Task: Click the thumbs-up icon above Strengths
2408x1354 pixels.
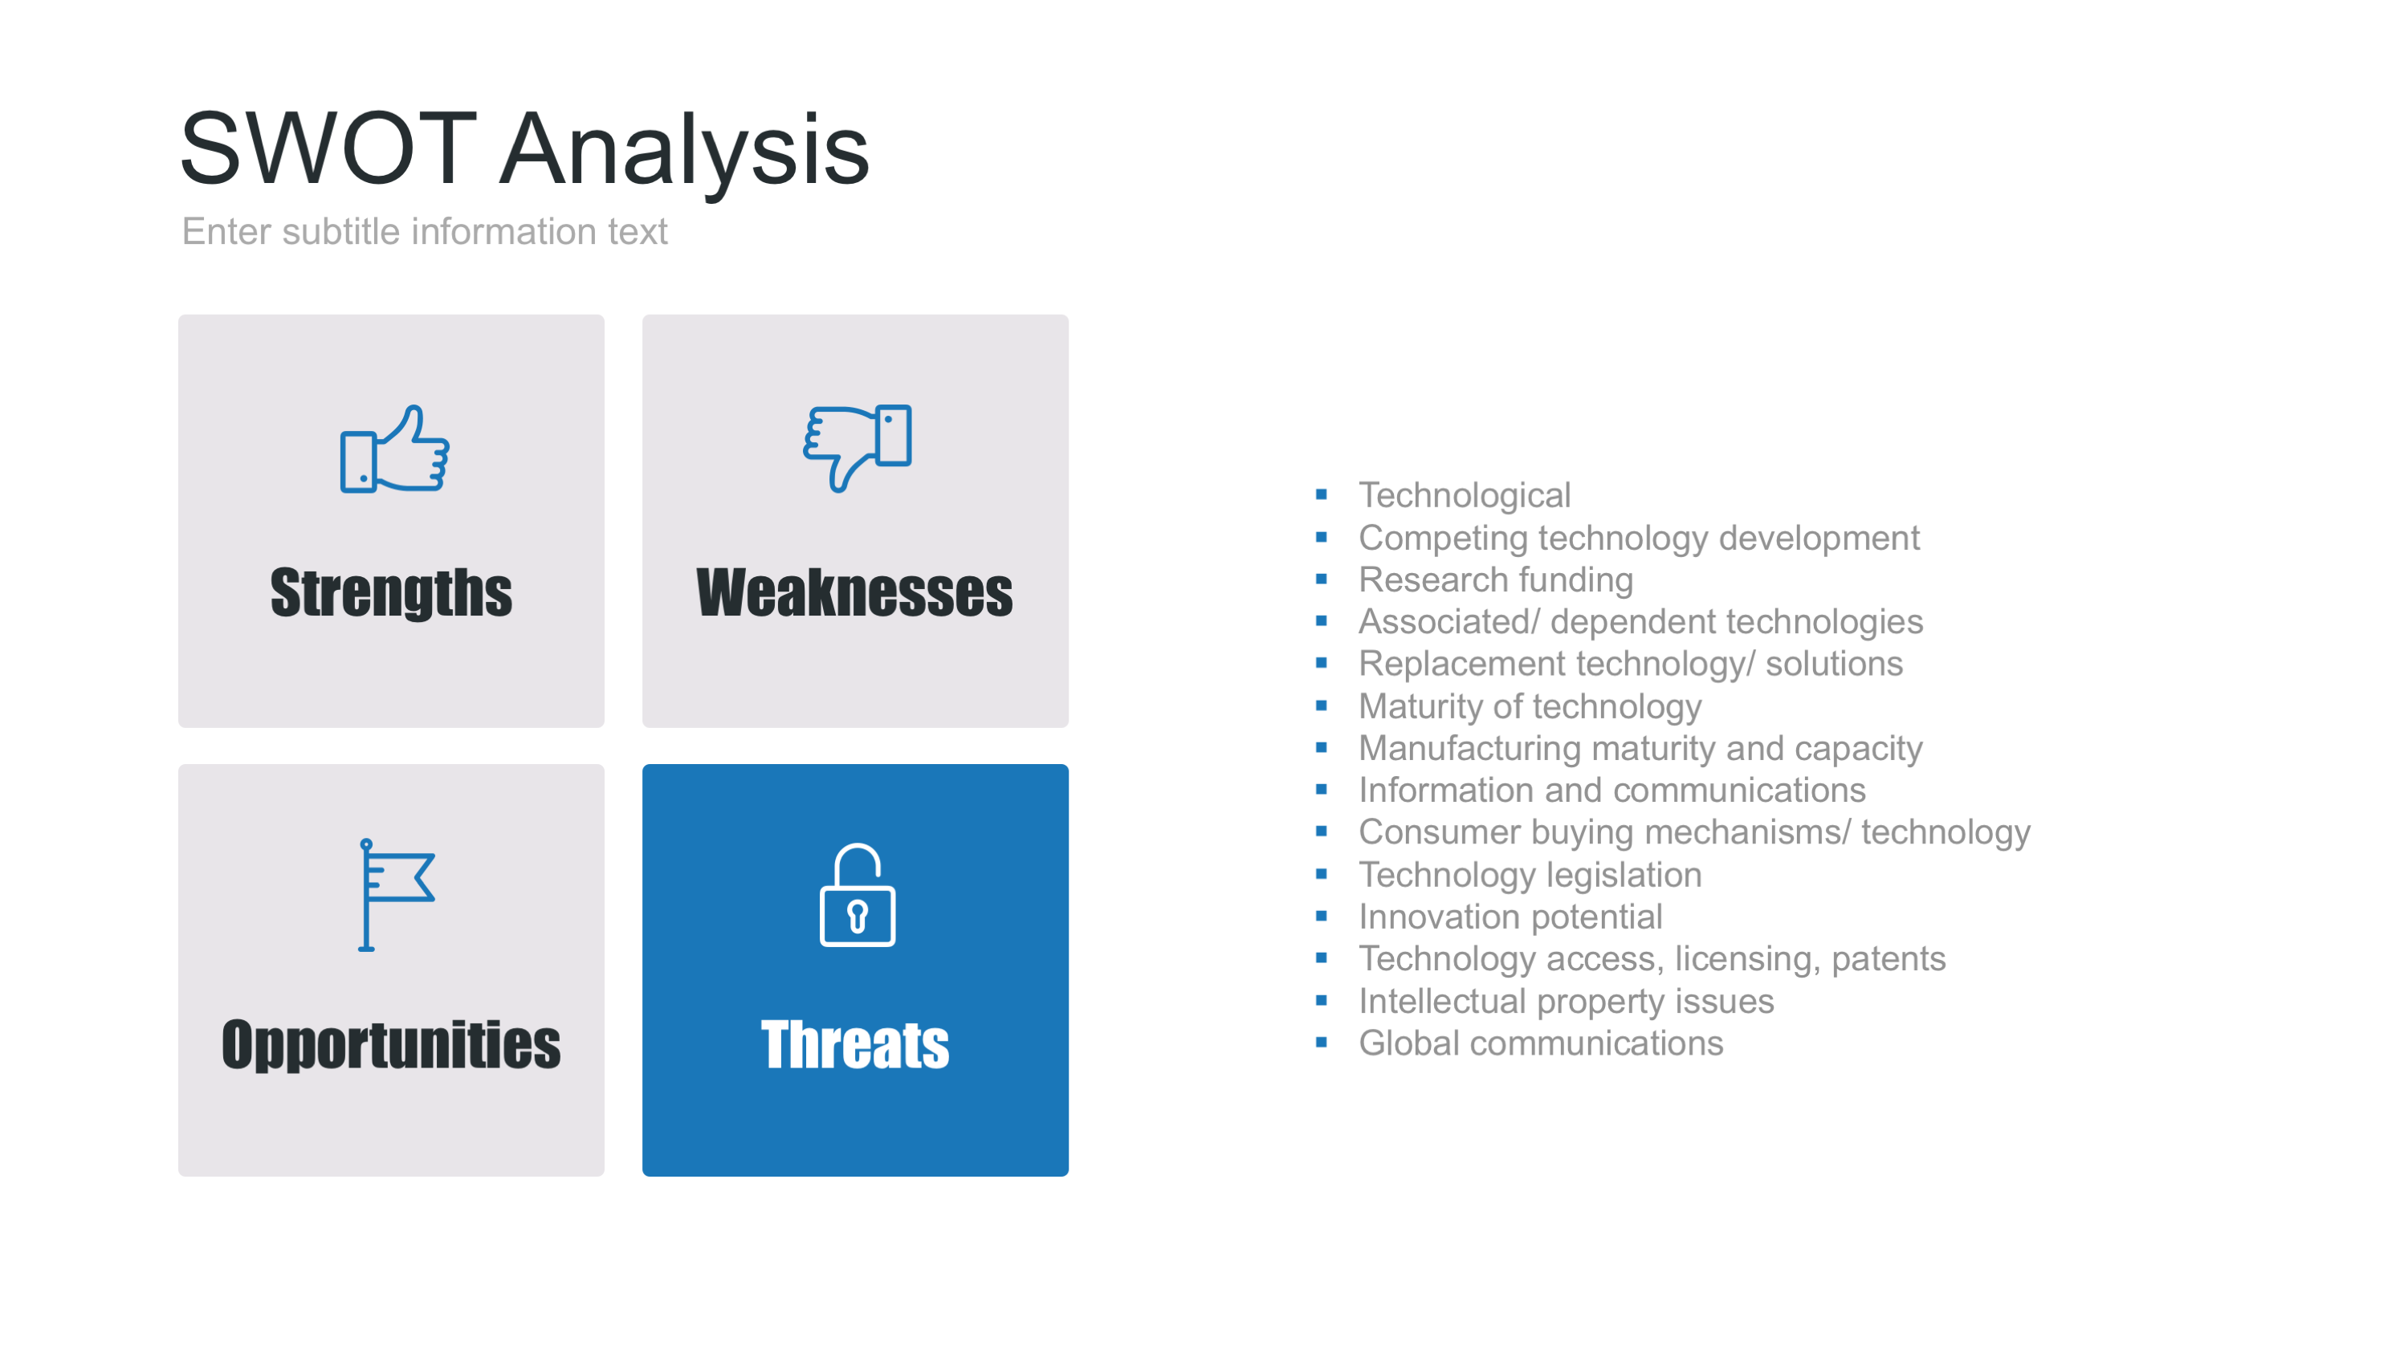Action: click(394, 449)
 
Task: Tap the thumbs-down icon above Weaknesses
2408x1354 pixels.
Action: click(858, 449)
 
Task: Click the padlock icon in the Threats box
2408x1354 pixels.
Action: click(858, 895)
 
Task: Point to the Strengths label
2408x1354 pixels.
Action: click(391, 593)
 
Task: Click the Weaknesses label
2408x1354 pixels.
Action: click(854, 592)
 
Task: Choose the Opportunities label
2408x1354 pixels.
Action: click(391, 1045)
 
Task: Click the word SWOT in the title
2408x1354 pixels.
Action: click(328, 148)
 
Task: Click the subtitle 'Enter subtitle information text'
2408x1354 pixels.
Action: click(425, 231)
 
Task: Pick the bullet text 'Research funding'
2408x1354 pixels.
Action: click(1496, 579)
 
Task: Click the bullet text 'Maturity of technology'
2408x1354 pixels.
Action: click(1530, 706)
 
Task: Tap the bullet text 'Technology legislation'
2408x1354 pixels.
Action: click(1530, 875)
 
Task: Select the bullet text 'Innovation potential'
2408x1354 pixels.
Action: click(1510, 917)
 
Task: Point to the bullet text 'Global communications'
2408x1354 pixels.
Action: click(1541, 1043)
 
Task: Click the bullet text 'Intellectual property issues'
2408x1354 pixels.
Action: click(1566, 1001)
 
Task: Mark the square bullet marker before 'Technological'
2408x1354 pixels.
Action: click(1321, 494)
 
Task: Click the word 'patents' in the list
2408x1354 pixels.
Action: click(1889, 960)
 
